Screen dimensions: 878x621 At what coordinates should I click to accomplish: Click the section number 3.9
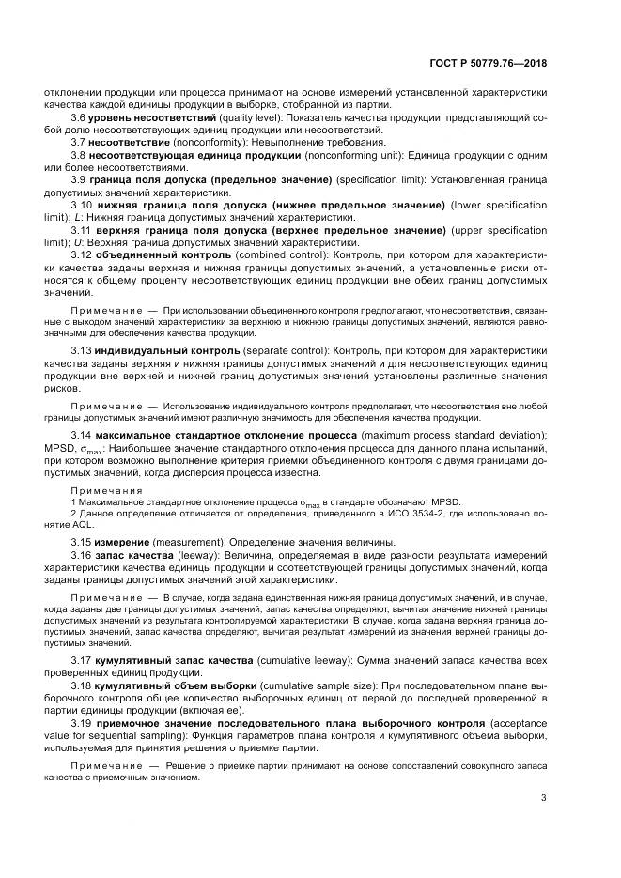coord(80,178)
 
